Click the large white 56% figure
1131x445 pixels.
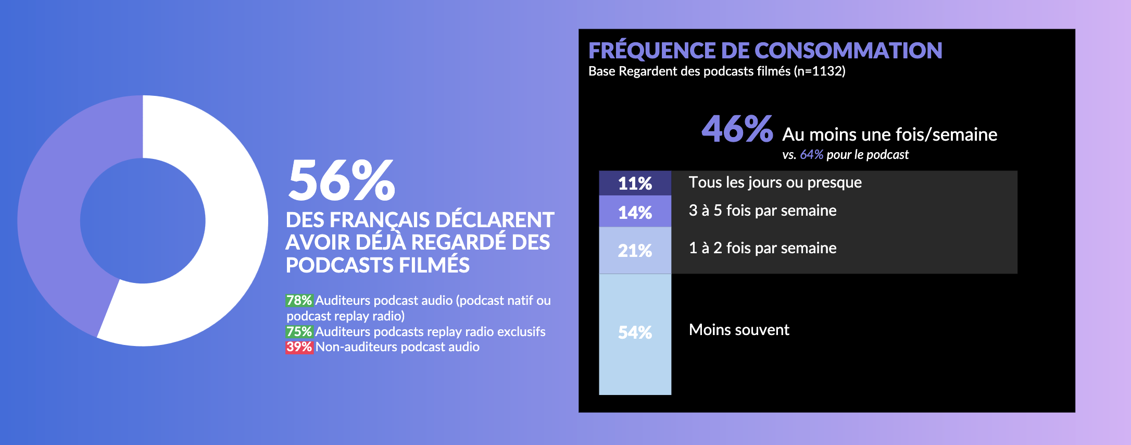click(x=342, y=180)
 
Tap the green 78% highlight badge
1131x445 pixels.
click(x=299, y=301)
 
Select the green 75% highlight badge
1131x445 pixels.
click(x=299, y=332)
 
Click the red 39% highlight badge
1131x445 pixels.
click(x=299, y=347)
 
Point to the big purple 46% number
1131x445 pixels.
click(x=737, y=129)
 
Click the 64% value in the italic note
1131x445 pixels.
click(x=811, y=155)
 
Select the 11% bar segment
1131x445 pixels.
click(x=635, y=183)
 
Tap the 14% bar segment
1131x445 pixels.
click(x=635, y=212)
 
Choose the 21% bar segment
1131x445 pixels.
click(x=635, y=251)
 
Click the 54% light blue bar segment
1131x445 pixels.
click(x=635, y=333)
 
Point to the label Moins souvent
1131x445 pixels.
click(x=739, y=330)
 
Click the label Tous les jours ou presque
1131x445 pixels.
click(x=775, y=182)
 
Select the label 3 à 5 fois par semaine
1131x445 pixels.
click(x=762, y=211)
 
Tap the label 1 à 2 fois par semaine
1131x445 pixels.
click(x=762, y=248)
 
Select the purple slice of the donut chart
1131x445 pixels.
click(x=52, y=208)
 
